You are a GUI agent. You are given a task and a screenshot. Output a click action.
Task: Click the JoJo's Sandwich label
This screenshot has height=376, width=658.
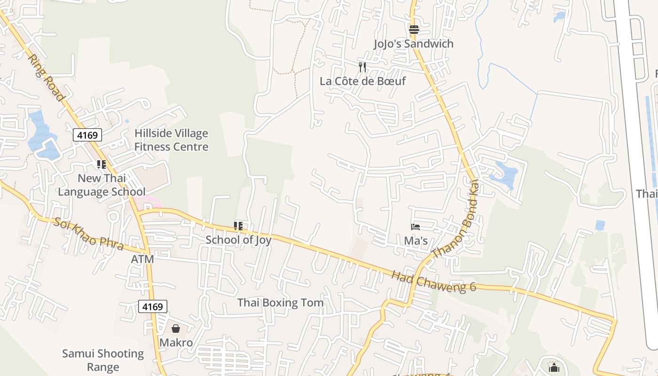click(x=414, y=44)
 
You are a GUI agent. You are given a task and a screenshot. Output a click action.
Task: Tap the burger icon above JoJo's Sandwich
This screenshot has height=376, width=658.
click(x=414, y=30)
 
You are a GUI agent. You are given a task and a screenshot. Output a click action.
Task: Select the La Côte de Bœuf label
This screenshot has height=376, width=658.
click(x=362, y=81)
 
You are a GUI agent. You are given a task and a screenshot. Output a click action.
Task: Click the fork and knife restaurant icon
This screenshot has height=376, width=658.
click(x=362, y=67)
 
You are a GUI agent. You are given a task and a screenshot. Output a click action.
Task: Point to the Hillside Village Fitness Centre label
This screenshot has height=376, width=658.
click(x=171, y=140)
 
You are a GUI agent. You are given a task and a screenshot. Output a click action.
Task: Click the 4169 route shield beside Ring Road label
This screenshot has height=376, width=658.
click(x=87, y=135)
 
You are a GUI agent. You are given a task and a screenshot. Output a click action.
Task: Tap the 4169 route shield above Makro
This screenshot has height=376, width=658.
click(x=153, y=307)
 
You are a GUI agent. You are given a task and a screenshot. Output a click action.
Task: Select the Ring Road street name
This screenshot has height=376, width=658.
click(x=46, y=78)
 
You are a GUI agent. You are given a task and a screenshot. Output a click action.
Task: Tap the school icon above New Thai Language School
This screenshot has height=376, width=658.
click(x=101, y=164)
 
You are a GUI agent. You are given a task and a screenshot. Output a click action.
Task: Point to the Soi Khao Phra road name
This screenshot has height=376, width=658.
click(x=88, y=234)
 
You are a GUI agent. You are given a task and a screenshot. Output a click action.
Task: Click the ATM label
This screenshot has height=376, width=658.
click(x=142, y=259)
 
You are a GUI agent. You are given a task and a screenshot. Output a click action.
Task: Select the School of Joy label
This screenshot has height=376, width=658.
click(x=238, y=240)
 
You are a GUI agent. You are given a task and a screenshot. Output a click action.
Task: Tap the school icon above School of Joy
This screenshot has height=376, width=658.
click(x=238, y=226)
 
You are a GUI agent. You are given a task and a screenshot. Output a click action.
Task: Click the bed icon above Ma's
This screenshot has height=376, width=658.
click(x=415, y=227)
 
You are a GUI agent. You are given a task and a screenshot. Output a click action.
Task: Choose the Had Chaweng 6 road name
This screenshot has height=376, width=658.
click(x=433, y=281)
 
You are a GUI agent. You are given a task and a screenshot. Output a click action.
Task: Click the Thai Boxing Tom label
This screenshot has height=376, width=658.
click(x=280, y=303)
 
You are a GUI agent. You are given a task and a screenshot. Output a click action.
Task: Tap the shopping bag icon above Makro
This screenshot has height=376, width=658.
click(x=176, y=329)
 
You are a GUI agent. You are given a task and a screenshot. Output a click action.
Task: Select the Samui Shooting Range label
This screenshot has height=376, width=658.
click(x=103, y=360)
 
